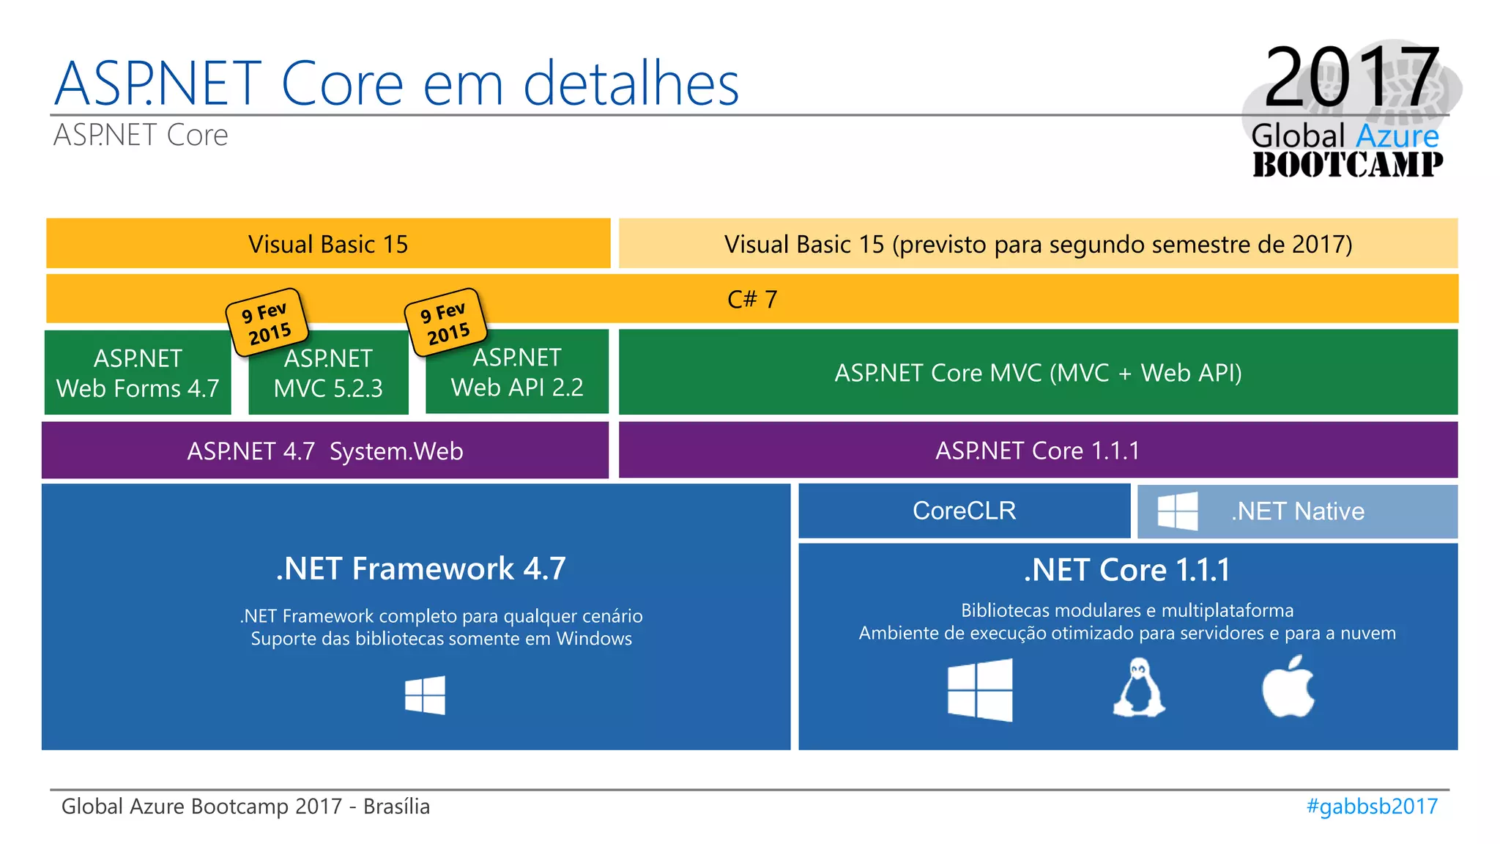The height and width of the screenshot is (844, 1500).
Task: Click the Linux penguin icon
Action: click(1139, 688)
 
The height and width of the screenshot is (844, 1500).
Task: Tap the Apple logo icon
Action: click(1288, 687)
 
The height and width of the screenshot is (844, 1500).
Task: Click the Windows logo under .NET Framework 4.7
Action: click(425, 695)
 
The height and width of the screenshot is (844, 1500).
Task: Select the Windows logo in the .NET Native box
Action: click(1178, 511)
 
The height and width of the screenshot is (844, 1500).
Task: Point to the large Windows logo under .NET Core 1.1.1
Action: click(980, 689)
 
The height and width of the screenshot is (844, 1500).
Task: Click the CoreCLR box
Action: click(964, 511)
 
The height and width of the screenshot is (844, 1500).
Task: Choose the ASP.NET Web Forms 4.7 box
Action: click(138, 373)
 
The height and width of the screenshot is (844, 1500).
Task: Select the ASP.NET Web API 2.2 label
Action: click(517, 373)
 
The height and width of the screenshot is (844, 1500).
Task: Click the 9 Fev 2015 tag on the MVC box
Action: click(267, 322)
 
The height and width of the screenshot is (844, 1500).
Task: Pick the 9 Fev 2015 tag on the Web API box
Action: click(445, 322)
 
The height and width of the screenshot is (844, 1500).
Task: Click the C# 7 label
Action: click(752, 299)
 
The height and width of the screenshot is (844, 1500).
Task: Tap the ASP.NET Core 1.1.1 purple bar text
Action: click(1037, 451)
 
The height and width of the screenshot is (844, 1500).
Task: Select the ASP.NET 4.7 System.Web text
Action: click(325, 451)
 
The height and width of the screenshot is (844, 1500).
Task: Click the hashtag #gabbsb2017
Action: click(1372, 807)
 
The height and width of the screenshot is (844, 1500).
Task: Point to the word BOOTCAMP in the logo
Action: click(1348, 165)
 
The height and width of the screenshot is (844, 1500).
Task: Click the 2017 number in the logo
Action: click(1351, 77)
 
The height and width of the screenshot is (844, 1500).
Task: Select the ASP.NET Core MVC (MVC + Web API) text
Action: click(1038, 373)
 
